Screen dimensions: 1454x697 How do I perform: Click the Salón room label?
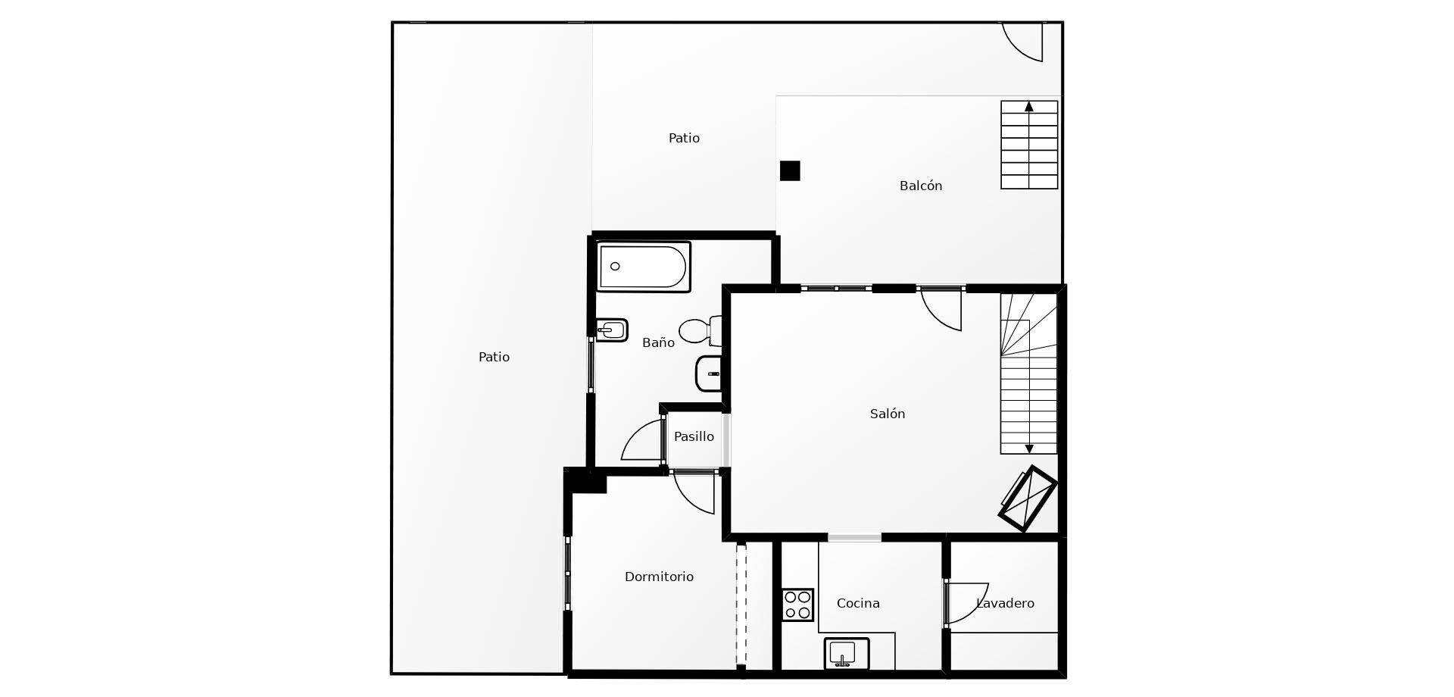click(888, 414)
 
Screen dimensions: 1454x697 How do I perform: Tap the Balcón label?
click(921, 186)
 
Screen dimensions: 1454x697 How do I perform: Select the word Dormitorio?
click(659, 577)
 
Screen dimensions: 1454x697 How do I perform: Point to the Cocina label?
click(858, 603)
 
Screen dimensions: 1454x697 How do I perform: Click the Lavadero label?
click(1005, 603)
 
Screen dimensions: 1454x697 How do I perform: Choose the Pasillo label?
click(694, 436)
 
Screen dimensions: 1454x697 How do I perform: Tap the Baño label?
click(658, 342)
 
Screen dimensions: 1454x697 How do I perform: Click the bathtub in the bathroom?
click(643, 267)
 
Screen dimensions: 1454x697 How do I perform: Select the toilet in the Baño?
click(700, 331)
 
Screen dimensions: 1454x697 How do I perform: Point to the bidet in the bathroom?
click(612, 330)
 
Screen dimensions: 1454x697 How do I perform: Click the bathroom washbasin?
click(709, 374)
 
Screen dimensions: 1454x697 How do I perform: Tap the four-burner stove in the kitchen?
click(797, 605)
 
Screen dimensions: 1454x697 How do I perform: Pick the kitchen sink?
click(846, 654)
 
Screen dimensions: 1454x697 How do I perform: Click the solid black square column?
click(790, 170)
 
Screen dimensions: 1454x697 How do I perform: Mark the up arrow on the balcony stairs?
click(1028, 107)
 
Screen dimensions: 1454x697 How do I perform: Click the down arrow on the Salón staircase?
click(1028, 449)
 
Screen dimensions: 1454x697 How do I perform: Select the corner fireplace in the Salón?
click(1028, 499)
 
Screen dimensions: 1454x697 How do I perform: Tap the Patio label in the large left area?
click(494, 357)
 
